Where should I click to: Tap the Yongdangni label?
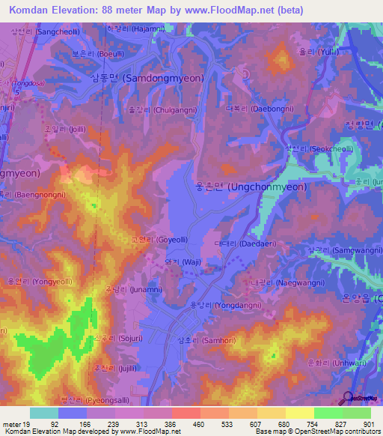click(x=222, y=306)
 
